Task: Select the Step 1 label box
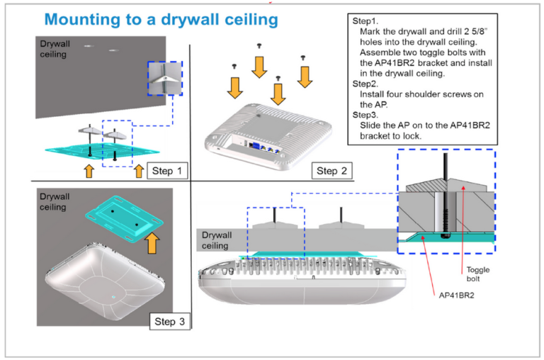(x=168, y=171)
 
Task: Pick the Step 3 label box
(x=170, y=322)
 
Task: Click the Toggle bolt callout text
(x=477, y=274)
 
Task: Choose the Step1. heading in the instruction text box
(x=365, y=22)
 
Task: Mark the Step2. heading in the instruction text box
(x=365, y=83)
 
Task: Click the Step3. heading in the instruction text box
(x=365, y=114)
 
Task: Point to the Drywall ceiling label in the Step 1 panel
(x=54, y=48)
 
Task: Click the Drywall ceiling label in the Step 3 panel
(x=54, y=202)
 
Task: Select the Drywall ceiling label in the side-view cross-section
(x=215, y=240)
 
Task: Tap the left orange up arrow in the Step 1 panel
(x=89, y=171)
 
